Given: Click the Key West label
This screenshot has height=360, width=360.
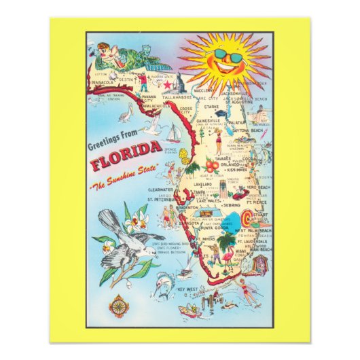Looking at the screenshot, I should click(186, 290).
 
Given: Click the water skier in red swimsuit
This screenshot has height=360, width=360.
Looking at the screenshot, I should click(246, 293).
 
